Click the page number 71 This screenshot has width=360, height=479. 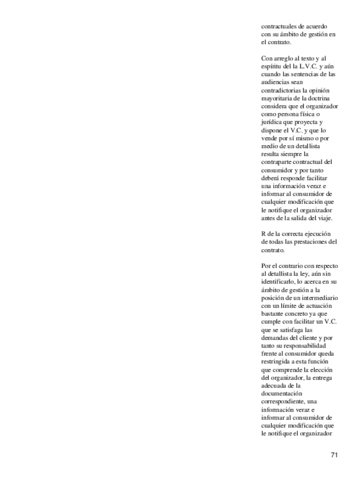click(334, 455)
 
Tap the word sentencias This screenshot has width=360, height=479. click(312, 74)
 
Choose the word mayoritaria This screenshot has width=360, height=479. click(279, 98)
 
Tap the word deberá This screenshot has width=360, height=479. click(271, 178)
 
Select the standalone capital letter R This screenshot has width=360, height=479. click(263, 233)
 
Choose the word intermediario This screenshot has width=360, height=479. click(320, 297)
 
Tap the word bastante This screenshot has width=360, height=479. click(273, 312)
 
